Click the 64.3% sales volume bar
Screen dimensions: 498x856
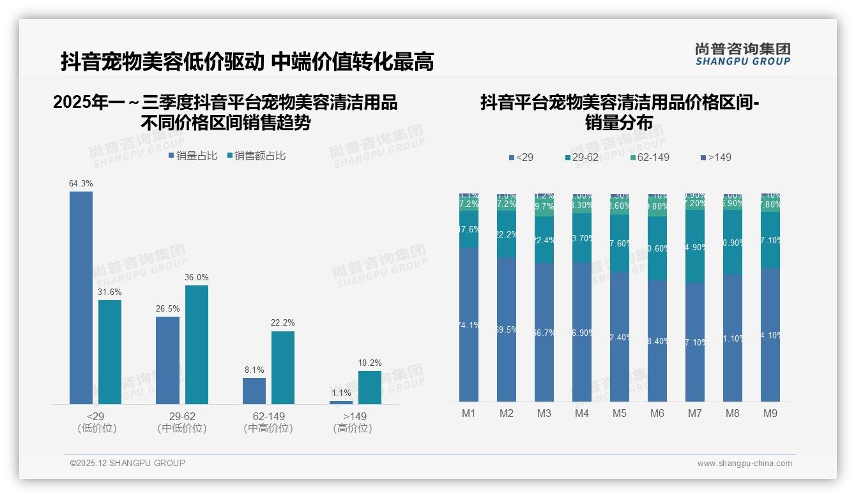click(81, 298)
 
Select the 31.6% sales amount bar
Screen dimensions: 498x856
click(110, 352)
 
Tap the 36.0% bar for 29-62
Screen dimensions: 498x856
click(197, 344)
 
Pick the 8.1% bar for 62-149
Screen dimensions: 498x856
click(254, 391)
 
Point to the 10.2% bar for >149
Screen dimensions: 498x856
click(370, 387)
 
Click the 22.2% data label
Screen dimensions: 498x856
click(282, 323)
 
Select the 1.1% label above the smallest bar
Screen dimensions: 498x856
click(341, 393)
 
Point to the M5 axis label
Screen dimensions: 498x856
click(620, 414)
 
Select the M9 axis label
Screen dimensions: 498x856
click(770, 414)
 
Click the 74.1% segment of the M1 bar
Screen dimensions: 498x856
click(469, 324)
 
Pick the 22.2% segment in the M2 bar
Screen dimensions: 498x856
click(507, 234)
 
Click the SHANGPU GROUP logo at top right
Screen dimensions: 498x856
click(743, 54)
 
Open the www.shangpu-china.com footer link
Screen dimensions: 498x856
click(744, 464)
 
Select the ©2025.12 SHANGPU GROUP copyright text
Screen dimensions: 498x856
click(128, 463)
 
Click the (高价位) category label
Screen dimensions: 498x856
click(353, 428)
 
